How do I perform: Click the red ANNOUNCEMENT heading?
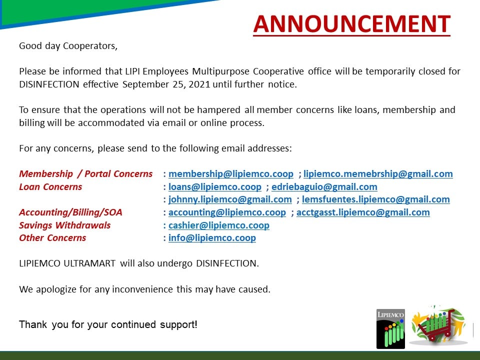coord(351,24)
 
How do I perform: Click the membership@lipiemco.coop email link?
coord(231,174)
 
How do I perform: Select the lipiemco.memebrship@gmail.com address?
coord(378,174)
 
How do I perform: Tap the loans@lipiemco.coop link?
coord(215,186)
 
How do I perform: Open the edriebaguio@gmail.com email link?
coord(324,186)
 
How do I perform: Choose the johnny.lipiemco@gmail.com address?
coord(230,199)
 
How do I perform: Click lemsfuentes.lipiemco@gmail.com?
coord(376,199)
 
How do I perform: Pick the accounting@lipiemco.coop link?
coord(227,212)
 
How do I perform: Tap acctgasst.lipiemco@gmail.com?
coord(363,212)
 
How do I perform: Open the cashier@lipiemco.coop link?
coord(219,225)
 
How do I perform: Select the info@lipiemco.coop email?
coord(212,238)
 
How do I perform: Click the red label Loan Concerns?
coord(50,186)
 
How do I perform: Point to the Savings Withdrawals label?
coord(64,225)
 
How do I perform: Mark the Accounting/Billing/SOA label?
coord(70,212)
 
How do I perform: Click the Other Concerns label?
coord(52,238)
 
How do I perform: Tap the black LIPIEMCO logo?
coord(390,329)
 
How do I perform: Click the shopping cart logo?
coord(438,325)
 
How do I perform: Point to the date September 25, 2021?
coord(166,84)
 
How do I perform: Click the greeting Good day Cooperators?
coord(68,46)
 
